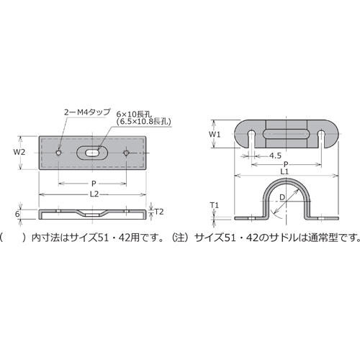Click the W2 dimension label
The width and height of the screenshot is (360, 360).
click(19, 152)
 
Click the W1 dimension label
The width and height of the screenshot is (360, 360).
click(215, 135)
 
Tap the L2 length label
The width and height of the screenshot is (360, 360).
click(94, 194)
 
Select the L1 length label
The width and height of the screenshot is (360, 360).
click(284, 171)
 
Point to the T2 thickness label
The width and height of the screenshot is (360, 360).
click(158, 212)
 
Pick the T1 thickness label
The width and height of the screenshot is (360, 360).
click(215, 205)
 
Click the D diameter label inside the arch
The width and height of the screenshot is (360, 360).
click(282, 197)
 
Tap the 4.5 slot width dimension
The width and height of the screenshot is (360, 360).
click(275, 156)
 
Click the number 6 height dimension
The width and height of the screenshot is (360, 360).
click(17, 214)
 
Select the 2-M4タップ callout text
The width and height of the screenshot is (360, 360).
click(87, 112)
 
